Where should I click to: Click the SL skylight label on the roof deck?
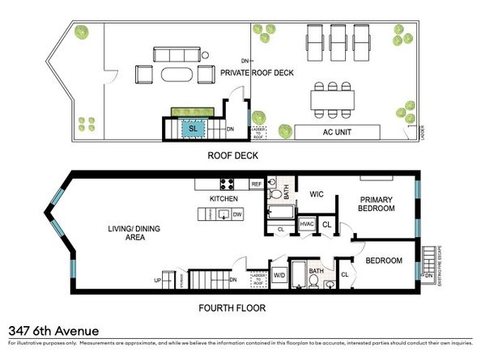point(194,128)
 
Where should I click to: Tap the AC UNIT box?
point(338,132)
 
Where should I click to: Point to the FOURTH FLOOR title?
point(232,307)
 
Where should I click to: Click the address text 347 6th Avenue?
point(53,330)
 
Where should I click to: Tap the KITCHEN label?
point(223,198)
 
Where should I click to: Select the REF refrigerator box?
point(257,184)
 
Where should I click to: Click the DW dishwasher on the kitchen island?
point(237,214)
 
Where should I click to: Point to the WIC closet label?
point(316,194)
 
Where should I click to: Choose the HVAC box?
point(307,224)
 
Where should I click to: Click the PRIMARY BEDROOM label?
point(377,204)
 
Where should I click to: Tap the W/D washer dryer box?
point(279,275)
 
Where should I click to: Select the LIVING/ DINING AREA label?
point(134,234)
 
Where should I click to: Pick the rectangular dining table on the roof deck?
point(332,100)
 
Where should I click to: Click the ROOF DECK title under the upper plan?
point(232,155)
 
